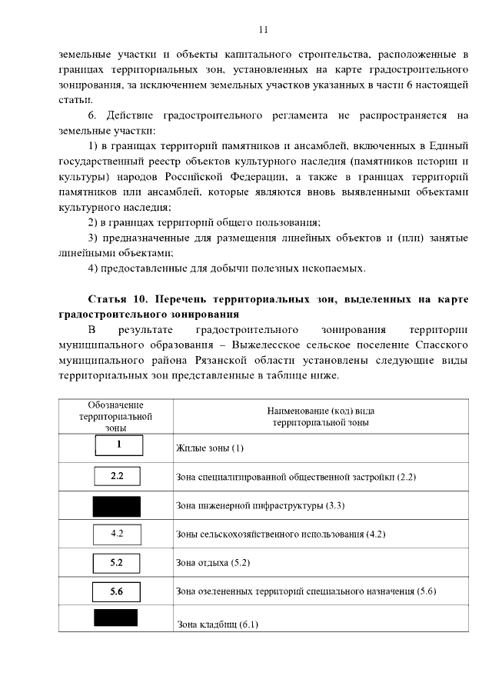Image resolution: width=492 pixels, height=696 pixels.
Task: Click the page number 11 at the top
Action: point(263,30)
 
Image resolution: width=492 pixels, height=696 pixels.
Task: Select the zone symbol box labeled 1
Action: point(119,445)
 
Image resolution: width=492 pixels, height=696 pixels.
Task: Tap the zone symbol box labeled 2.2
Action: point(117,476)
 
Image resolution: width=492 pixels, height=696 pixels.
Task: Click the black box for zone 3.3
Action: point(116,505)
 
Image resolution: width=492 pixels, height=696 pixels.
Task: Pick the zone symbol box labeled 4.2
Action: point(117,533)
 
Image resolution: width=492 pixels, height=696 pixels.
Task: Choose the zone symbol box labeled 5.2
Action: point(117,562)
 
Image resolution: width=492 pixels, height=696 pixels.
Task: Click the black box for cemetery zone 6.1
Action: point(115,618)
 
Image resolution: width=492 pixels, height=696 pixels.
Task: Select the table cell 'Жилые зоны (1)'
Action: point(210,448)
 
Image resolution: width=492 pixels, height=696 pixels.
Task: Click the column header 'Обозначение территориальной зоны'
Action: point(116,416)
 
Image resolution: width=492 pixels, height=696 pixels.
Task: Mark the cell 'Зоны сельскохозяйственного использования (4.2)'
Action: point(280,534)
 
